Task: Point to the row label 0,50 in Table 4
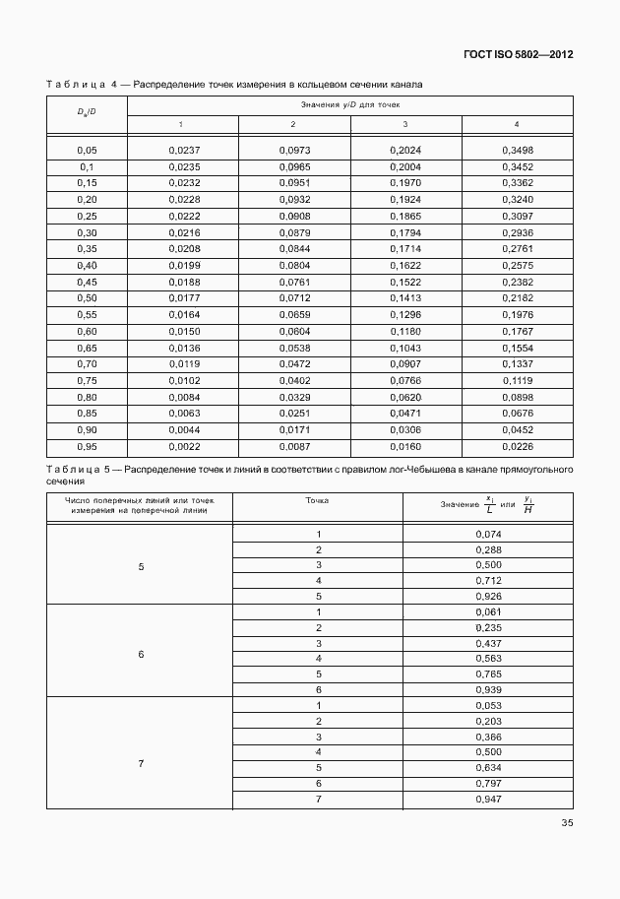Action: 87,297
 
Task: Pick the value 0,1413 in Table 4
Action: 404,297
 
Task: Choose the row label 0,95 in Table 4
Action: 87,446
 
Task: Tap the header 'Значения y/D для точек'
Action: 349,103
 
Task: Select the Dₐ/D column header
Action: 87,113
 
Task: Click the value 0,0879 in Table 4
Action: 293,231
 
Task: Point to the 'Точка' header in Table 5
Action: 318,500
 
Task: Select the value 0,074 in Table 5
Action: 488,533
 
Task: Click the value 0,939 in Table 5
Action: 488,689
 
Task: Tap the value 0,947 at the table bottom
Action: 488,799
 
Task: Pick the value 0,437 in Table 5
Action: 488,642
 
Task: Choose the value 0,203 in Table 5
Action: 488,721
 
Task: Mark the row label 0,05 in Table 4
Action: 87,151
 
